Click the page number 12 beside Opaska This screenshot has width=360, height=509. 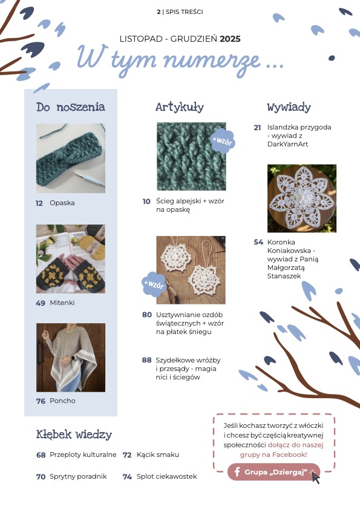coord(39,203)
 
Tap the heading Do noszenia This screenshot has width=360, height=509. coord(70,107)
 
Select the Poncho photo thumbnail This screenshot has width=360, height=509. coord(71,358)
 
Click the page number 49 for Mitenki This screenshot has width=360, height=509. coord(41,303)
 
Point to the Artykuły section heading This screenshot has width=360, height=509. coord(180,107)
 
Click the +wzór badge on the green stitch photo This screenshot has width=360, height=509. coord(223,140)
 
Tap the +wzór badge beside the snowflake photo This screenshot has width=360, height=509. coord(154,284)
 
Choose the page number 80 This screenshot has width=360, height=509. coord(147,315)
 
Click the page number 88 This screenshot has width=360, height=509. coord(147,360)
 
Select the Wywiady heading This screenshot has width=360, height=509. coord(289,107)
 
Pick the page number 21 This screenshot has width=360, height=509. coord(257,128)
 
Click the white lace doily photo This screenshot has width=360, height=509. coord(302,199)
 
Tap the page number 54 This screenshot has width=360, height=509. coord(258,242)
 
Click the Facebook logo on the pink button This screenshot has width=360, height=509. coord(237,471)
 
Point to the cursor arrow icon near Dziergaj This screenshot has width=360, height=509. coord(315,478)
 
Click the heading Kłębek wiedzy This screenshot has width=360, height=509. coord(74,435)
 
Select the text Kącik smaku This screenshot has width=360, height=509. coord(158,455)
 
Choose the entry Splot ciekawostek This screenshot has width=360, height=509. coord(167,476)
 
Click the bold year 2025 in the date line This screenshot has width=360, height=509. coord(230,39)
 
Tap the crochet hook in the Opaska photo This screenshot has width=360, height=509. coord(88,179)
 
